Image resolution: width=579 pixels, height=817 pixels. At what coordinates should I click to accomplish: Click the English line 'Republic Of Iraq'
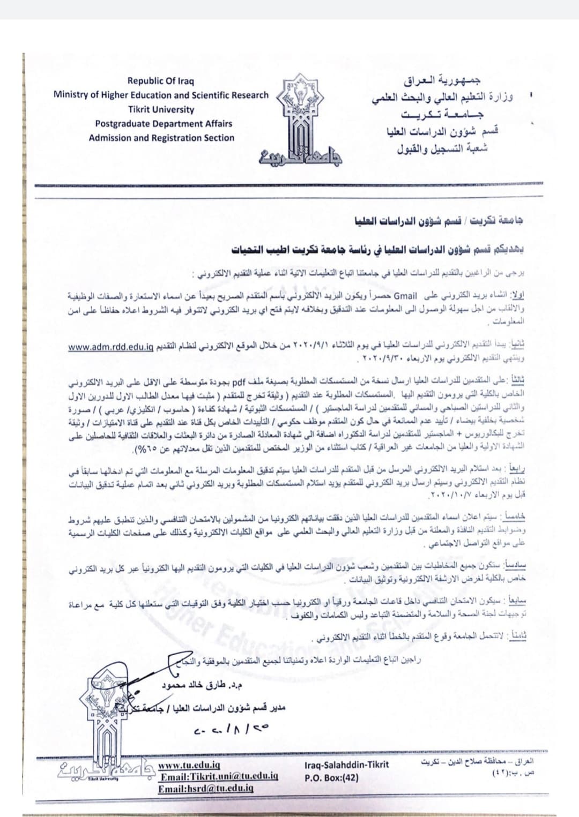[x=161, y=81]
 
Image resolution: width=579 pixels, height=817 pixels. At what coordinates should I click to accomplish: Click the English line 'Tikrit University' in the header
[x=161, y=109]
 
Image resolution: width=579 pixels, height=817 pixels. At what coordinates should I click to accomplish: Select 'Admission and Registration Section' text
[x=161, y=138]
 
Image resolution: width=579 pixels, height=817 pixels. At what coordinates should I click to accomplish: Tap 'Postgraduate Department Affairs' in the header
[x=164, y=124]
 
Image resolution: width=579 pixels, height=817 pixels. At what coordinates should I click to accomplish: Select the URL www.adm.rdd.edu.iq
[x=110, y=347]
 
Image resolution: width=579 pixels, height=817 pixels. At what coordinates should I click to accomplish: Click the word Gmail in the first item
[x=405, y=295]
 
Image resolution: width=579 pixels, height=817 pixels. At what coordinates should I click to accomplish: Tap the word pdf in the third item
[x=238, y=383]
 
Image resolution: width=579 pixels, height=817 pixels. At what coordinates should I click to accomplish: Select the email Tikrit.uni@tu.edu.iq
[x=219, y=776]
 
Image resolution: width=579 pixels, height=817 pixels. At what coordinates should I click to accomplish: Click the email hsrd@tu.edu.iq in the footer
[x=205, y=788]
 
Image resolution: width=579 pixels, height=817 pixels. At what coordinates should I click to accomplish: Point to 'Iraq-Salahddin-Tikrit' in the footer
[x=346, y=765]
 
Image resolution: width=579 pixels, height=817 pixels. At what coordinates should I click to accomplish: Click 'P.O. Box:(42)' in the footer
[x=331, y=777]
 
